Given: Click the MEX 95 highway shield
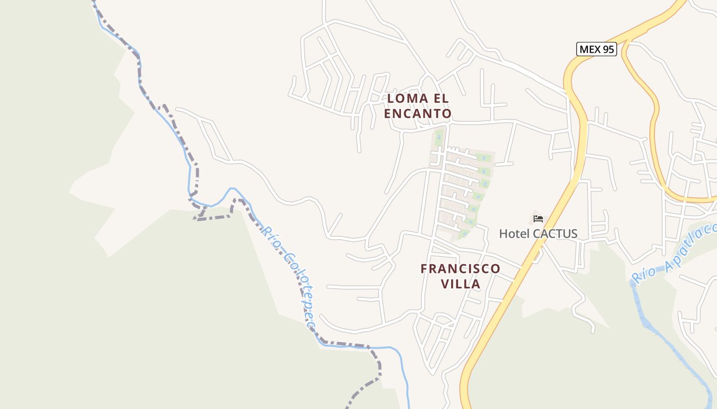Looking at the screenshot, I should pos(596,49).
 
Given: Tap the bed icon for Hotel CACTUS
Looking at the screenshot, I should pos(538,218).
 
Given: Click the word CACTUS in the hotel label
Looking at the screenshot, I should pos(555,234).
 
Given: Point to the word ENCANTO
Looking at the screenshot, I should pos(417,113).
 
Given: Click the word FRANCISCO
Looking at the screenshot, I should pos(460,268).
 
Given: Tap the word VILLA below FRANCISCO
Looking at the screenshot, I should pos(460,284).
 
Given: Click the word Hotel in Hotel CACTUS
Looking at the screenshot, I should pos(515,234).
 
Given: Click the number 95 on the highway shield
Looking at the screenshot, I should pos(608,49).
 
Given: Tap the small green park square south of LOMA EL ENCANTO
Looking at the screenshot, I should pos(439,137).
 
